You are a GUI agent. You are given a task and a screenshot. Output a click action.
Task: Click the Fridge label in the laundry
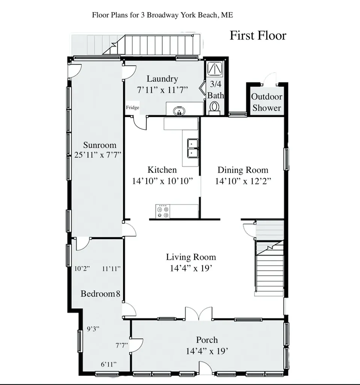pos(133,108)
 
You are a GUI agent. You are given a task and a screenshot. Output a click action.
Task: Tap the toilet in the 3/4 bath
pos(215,109)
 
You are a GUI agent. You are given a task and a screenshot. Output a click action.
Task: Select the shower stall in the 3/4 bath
pos(215,68)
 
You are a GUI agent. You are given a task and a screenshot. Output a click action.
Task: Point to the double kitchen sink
pos(193,148)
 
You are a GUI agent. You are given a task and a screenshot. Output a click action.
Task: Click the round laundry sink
pos(179,111)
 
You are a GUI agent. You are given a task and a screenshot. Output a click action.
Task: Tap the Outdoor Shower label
pos(267,102)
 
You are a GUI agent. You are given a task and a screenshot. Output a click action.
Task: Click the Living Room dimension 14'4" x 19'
pos(191,268)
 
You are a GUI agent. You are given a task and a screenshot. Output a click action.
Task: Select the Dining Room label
pos(243,170)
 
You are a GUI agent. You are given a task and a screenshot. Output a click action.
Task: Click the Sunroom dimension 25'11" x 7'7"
pos(98,155)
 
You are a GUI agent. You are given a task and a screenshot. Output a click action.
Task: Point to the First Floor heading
pos(258,35)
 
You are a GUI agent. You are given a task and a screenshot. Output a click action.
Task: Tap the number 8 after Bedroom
pos(118,294)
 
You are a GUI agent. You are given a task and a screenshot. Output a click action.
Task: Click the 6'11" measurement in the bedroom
pos(109,364)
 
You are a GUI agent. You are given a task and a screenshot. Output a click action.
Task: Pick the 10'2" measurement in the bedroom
pos(82,268)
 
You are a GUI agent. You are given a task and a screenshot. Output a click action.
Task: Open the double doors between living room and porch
pos(199,314)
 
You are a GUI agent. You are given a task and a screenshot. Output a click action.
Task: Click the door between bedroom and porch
pos(136,345)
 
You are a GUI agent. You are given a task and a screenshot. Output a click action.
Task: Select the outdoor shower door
pos(269,79)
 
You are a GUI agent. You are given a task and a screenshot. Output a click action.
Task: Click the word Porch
pos(207,340)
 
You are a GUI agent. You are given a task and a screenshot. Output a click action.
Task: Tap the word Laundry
pos(162,79)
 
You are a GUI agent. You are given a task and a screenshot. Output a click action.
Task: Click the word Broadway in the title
pos(163,15)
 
